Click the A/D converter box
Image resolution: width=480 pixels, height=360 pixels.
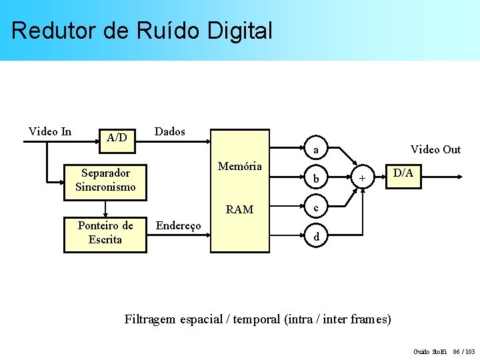[117, 138]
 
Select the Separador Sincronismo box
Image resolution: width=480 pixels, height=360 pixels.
[105, 180]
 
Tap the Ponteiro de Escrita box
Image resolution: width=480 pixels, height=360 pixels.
[105, 233]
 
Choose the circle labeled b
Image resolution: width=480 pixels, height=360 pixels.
[316, 179]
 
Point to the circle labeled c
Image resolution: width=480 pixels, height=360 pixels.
[316, 208]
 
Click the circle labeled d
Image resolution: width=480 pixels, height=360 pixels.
[316, 237]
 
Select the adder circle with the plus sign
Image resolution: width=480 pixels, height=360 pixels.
[362, 178]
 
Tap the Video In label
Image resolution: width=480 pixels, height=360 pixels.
[50, 131]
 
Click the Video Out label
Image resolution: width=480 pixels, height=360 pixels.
[435, 149]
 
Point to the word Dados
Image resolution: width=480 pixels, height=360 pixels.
[169, 131]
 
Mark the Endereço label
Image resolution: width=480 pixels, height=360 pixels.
[178, 226]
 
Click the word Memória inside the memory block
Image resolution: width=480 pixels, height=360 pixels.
[240, 166]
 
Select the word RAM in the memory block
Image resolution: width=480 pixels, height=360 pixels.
[240, 209]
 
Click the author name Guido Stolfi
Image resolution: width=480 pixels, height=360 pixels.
[430, 351]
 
